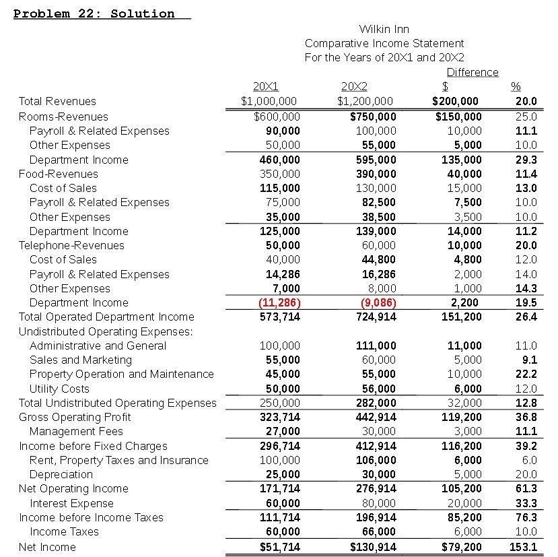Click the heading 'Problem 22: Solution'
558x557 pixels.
point(94,13)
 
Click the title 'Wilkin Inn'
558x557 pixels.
point(384,29)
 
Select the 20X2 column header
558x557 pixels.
point(354,87)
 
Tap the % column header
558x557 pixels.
point(516,87)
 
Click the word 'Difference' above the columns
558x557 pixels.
point(473,72)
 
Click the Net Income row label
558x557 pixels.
point(47,547)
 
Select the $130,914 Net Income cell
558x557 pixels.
point(373,547)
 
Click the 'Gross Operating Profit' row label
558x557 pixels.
point(75,417)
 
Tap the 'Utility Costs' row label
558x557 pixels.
point(59,389)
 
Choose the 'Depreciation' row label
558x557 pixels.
point(61,474)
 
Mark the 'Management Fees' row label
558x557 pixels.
point(76,431)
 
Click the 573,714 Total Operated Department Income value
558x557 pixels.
point(280,317)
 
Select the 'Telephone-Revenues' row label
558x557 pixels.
point(71,245)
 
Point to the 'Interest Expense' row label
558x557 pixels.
point(71,503)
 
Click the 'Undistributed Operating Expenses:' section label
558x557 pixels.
point(106,331)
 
